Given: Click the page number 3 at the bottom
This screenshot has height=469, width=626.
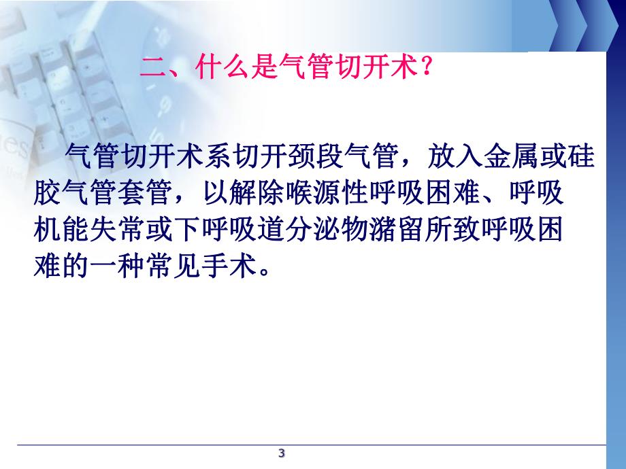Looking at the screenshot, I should coord(282,453).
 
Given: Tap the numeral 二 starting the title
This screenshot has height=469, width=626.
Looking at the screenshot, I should coord(150,69).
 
